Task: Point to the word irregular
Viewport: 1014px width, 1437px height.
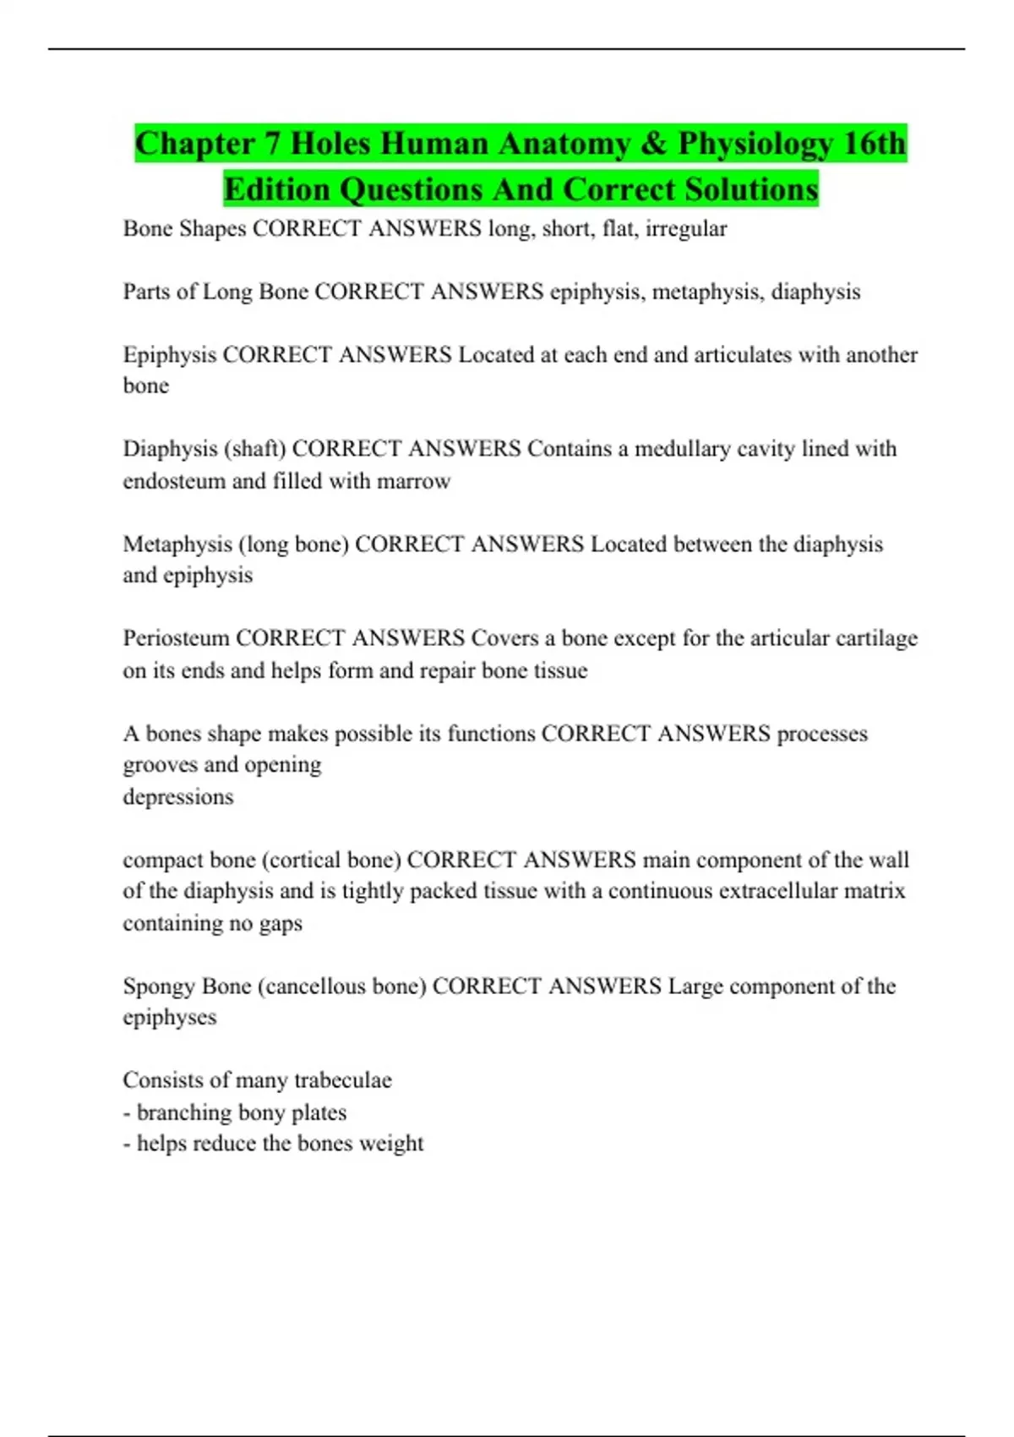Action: (x=686, y=229)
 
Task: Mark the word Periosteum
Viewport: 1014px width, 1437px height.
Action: (x=176, y=638)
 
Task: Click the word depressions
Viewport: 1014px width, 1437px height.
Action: (x=177, y=797)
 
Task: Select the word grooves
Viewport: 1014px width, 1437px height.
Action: (x=160, y=766)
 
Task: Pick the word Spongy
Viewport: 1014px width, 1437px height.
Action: (x=158, y=986)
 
